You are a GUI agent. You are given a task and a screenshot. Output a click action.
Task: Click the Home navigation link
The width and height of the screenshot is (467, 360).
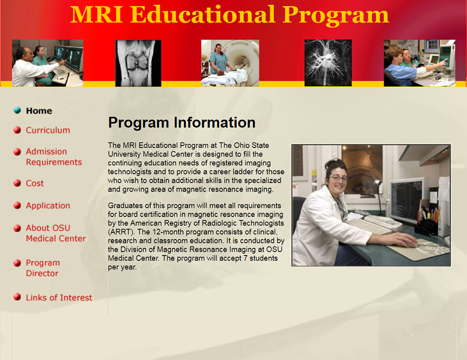click(x=39, y=111)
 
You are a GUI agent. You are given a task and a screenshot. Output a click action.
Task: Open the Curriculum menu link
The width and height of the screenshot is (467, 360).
click(x=48, y=130)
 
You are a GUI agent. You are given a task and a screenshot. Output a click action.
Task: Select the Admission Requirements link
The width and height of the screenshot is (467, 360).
click(x=53, y=157)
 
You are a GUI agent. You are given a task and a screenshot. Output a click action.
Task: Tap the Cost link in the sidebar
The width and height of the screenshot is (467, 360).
click(x=35, y=183)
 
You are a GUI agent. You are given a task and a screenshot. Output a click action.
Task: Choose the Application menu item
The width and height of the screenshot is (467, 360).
click(x=48, y=206)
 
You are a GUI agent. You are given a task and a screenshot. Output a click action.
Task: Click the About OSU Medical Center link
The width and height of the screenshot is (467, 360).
click(x=56, y=233)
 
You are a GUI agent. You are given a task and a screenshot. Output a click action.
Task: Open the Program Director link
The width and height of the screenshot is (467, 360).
click(x=43, y=268)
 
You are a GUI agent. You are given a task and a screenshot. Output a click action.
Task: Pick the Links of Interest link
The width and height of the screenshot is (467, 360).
click(x=59, y=298)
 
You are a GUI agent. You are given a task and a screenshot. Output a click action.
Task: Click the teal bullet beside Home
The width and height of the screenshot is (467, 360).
click(x=17, y=110)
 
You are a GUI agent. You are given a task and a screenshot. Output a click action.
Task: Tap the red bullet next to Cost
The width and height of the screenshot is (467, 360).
click(x=17, y=184)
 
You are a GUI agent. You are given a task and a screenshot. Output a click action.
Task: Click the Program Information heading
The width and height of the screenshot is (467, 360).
click(x=182, y=123)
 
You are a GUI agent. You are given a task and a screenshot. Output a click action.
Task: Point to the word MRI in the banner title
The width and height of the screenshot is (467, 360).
click(x=97, y=14)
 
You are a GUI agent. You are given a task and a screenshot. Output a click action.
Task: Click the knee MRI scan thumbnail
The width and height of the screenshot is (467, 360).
click(x=138, y=63)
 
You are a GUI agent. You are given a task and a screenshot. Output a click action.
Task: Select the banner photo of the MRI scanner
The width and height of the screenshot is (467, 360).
click(x=230, y=63)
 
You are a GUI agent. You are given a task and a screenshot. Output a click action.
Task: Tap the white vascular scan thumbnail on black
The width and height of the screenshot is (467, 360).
click(x=328, y=63)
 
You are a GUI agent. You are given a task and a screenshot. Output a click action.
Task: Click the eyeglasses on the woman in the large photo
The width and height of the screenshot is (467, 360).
click(x=338, y=178)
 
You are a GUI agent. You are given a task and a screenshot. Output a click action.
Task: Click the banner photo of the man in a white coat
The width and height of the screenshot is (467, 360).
click(x=47, y=63)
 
